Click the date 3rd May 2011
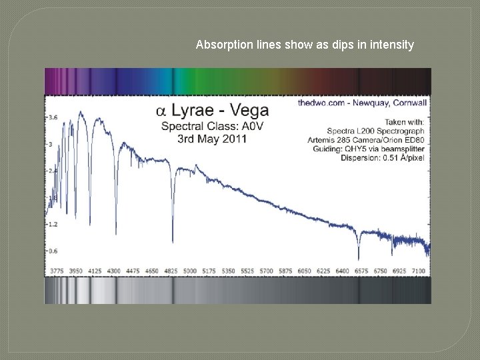click(212, 139)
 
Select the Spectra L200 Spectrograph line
click(375, 131)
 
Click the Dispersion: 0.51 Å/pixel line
click(383, 158)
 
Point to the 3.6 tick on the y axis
click(53, 117)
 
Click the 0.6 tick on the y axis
click(53, 251)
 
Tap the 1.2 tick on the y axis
click(53, 225)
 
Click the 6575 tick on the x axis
click(361, 271)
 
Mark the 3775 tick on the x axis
click(58, 271)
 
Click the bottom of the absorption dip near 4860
click(173, 241)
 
